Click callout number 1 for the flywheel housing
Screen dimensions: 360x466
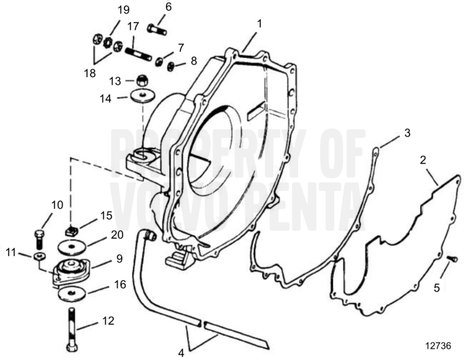pos(259,23)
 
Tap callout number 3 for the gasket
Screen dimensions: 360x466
pos(407,133)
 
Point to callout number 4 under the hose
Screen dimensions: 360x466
pos(180,353)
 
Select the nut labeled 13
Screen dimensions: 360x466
pos(141,81)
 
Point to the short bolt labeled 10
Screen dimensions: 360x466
pos(38,237)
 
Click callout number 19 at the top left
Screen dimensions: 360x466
pos(123,10)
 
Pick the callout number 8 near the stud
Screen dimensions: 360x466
pos(194,61)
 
